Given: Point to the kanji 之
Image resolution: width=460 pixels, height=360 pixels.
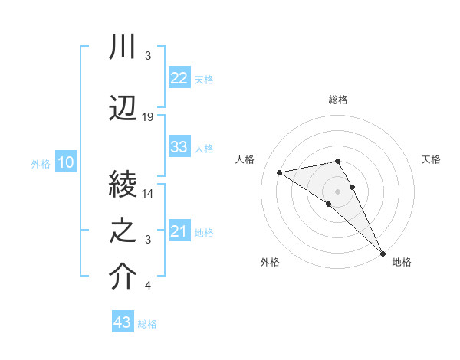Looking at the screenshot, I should [123, 231].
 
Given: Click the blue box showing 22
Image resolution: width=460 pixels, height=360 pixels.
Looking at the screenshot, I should [179, 79].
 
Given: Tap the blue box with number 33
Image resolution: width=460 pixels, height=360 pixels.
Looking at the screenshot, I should [179, 147].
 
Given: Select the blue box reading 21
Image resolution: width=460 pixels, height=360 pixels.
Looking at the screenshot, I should [179, 232].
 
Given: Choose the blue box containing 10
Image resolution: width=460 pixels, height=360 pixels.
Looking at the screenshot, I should [65, 162].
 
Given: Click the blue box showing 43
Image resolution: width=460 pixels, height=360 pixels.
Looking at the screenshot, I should [122, 323].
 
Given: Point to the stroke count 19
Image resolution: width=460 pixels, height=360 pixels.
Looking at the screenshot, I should [148, 117].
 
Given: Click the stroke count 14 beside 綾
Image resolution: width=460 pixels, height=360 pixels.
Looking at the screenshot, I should [148, 194].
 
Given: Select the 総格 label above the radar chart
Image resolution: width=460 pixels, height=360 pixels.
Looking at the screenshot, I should [338, 100].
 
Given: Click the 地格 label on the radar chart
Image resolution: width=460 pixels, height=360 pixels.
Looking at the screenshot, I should [402, 262].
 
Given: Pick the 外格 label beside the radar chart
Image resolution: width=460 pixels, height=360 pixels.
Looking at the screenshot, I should [270, 262].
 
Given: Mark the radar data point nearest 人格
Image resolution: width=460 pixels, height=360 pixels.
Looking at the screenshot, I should [280, 172].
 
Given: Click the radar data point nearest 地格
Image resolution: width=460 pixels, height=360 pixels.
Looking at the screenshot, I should [383, 253].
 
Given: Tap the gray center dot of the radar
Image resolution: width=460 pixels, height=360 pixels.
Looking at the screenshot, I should [337, 191].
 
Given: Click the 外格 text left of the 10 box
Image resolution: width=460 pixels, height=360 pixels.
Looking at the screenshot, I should [41, 163].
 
